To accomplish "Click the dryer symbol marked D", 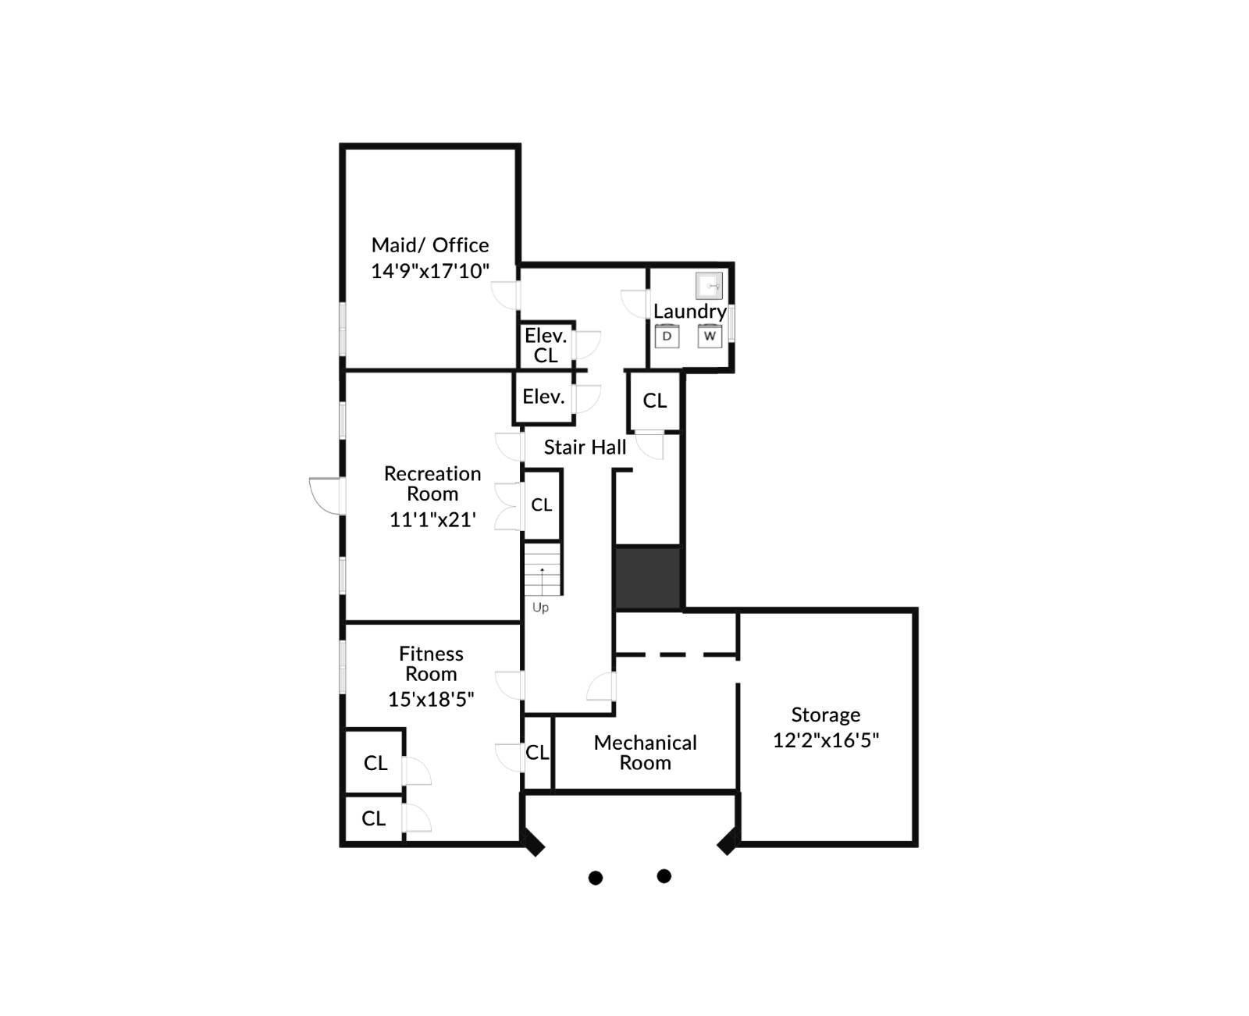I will click(x=667, y=337).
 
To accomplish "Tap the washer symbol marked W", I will click(x=710, y=337).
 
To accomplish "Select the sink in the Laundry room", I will click(x=709, y=286).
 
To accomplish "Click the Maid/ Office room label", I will click(x=430, y=245).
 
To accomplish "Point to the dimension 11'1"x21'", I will click(x=432, y=519).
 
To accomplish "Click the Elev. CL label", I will click(x=546, y=345).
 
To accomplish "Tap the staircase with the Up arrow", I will click(x=542, y=569).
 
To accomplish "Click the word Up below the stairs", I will click(x=540, y=608).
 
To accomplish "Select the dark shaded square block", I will click(x=647, y=578).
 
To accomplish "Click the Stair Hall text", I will click(x=585, y=447).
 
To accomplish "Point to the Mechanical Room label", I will click(x=645, y=752).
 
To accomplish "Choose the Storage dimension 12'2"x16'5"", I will click(x=826, y=740).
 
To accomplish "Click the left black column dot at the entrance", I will click(x=596, y=878).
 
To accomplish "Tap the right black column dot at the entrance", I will click(x=664, y=876).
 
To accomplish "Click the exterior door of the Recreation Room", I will click(x=326, y=496).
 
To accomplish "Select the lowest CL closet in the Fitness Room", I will click(x=373, y=818).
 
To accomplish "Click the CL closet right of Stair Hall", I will click(x=654, y=401).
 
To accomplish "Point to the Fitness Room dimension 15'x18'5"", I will click(x=431, y=699).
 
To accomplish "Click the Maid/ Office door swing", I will click(x=505, y=294).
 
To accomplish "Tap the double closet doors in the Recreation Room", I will click(x=509, y=507).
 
